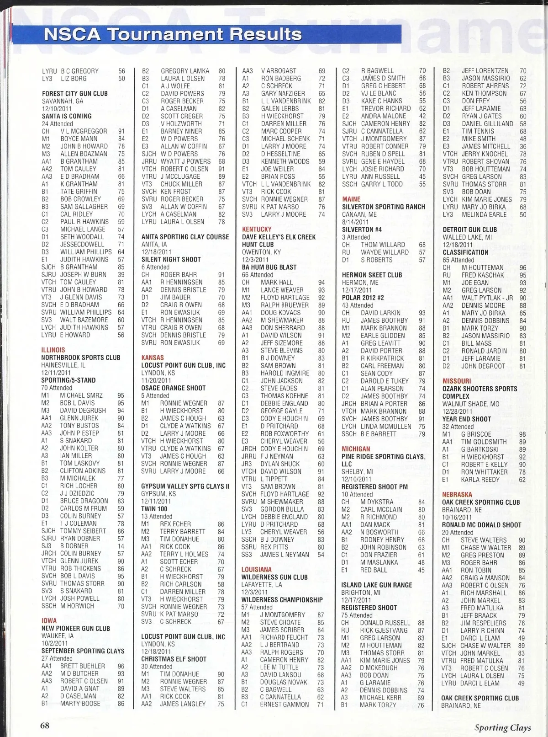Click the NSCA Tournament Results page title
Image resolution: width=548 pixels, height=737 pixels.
[x=173, y=34]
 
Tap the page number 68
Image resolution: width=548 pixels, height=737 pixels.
[x=44, y=726]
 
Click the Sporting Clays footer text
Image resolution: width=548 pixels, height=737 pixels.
[x=502, y=727]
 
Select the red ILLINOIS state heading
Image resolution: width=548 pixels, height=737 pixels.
[x=53, y=350]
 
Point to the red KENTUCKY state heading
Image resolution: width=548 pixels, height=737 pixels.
[x=257, y=229]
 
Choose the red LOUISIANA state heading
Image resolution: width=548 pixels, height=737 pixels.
[x=257, y=570]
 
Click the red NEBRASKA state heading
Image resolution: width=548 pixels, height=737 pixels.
[x=457, y=494]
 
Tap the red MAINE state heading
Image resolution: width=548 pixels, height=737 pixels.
[x=351, y=199]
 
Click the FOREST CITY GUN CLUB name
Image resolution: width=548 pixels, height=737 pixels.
[x=75, y=94]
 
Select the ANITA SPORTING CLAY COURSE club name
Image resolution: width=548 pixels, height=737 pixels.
[x=185, y=237]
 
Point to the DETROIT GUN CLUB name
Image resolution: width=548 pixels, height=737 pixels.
[x=469, y=230]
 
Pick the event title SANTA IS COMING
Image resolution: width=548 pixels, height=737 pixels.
[x=67, y=116]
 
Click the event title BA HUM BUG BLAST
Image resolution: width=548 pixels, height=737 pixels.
[x=269, y=267]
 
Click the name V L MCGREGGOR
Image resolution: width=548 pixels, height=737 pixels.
[x=84, y=131]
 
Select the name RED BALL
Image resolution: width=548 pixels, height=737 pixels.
[x=374, y=570]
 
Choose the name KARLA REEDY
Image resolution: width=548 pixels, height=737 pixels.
[x=480, y=480]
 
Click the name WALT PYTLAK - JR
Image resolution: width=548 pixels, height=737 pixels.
[x=487, y=298]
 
